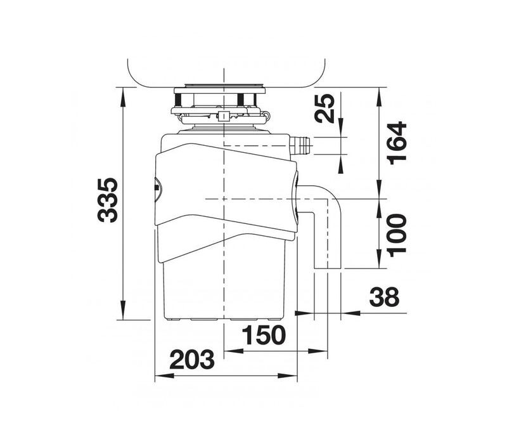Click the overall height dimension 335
(x=108, y=200)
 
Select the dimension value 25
(x=325, y=108)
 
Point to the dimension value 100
(x=397, y=233)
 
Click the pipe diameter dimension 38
(x=384, y=297)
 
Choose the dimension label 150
(x=264, y=335)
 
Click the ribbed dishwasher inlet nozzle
(x=300, y=145)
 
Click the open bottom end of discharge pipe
(x=328, y=267)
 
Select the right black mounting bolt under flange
(x=241, y=99)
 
